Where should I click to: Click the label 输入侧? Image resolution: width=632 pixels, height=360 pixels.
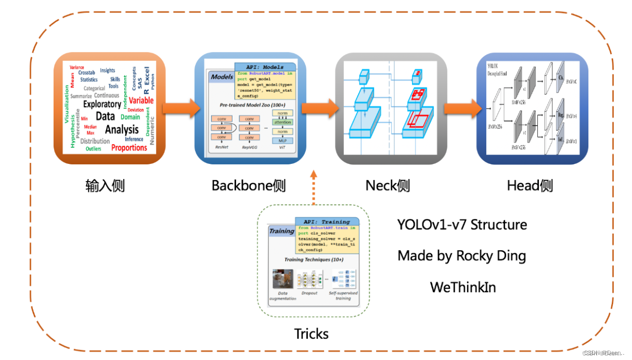coord(105,186)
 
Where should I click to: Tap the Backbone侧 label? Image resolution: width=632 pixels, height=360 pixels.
coord(249,186)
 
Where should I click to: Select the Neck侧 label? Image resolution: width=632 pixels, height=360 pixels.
coord(388,186)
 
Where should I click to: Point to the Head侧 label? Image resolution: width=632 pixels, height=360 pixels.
coord(530,186)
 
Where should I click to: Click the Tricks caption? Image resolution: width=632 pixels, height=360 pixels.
coord(311,333)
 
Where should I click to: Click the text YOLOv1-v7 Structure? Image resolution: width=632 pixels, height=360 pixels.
coord(462,225)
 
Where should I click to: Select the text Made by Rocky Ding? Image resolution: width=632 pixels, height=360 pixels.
coord(461,256)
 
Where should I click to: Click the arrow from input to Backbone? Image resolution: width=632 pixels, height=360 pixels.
coord(180,109)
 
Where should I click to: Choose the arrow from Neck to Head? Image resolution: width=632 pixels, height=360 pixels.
coord(461,109)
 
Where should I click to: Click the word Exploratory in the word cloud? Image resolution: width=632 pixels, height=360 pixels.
coord(102,104)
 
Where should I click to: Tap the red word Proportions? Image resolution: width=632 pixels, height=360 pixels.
coord(129,148)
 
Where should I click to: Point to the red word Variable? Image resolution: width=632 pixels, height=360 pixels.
coord(141,100)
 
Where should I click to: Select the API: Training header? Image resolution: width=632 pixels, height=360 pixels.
coord(327,222)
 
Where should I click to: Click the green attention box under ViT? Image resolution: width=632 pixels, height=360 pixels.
coord(282,122)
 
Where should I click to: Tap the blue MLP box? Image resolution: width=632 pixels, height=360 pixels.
coord(282,140)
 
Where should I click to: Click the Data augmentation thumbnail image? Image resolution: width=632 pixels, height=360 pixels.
coord(282,279)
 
